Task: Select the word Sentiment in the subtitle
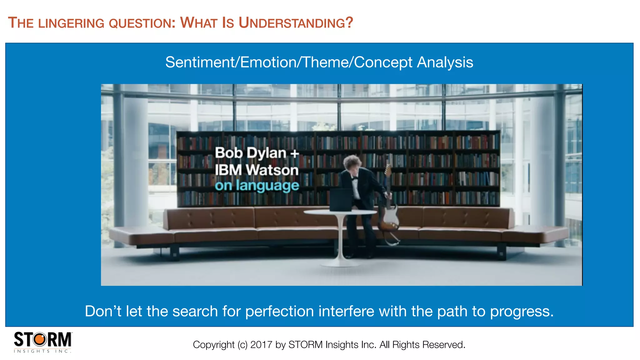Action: pyautogui.click(x=199, y=62)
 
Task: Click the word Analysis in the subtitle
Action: pyautogui.click(x=445, y=62)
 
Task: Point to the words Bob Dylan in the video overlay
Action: pyautogui.click(x=250, y=153)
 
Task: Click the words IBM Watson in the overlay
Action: pyautogui.click(x=257, y=170)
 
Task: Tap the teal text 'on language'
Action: pyautogui.click(x=257, y=186)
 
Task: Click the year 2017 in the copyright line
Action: pyautogui.click(x=261, y=345)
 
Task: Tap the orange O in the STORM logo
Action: pyautogui.click(x=40, y=339)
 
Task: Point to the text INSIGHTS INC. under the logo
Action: pyautogui.click(x=42, y=351)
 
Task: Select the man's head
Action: pyautogui.click(x=352, y=162)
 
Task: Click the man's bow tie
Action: pyautogui.click(x=354, y=179)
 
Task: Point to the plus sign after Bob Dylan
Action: pyautogui.click(x=294, y=153)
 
